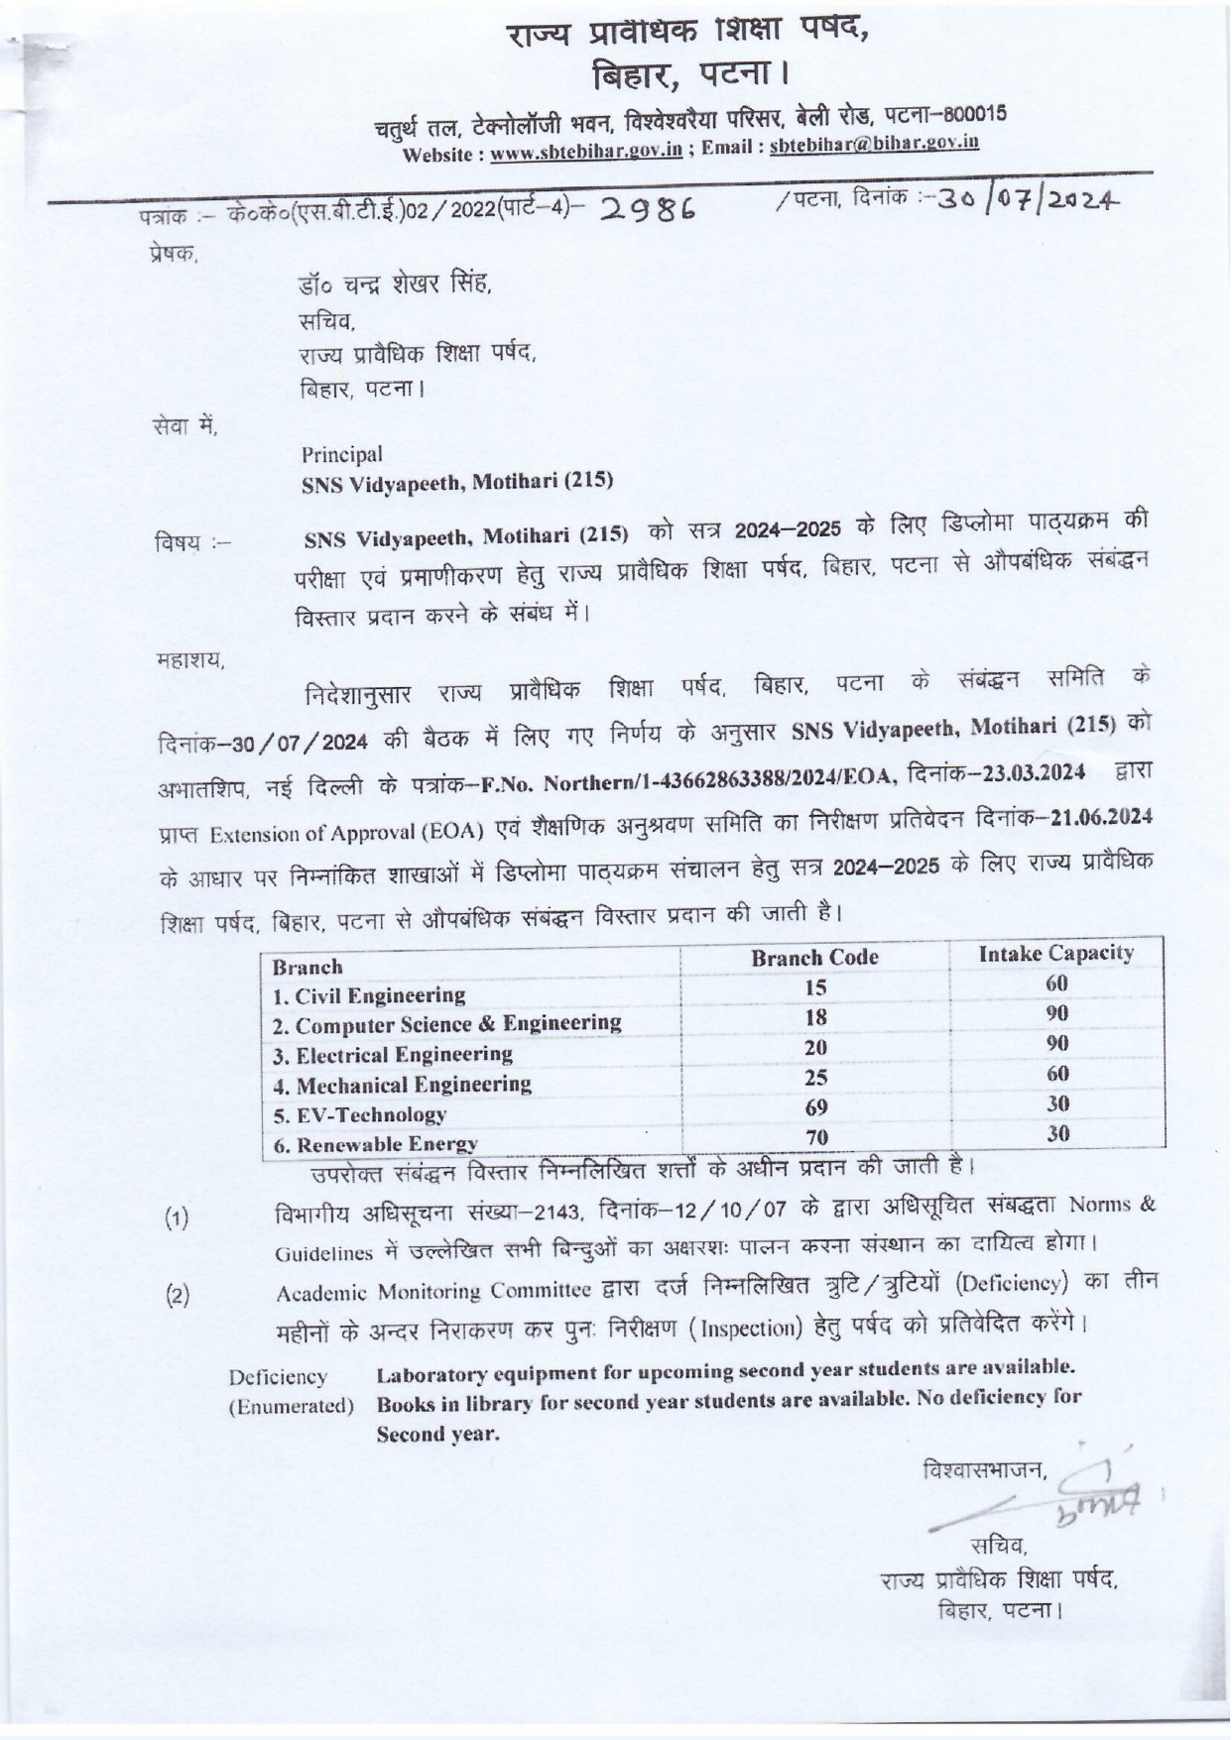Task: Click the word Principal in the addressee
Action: [x=342, y=454]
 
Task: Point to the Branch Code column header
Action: [x=814, y=957]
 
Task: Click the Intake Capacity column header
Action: [x=1055, y=953]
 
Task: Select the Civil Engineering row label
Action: [x=369, y=995]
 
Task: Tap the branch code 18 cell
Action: [x=815, y=1017]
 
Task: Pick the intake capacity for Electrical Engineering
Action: [x=1057, y=1043]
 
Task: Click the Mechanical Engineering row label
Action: [x=403, y=1085]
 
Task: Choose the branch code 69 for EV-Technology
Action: [x=816, y=1107]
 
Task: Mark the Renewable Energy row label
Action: [x=376, y=1144]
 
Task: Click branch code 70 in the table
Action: [x=816, y=1137]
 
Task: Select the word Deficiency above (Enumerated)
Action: [x=278, y=1377]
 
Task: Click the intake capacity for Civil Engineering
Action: [x=1057, y=984]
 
